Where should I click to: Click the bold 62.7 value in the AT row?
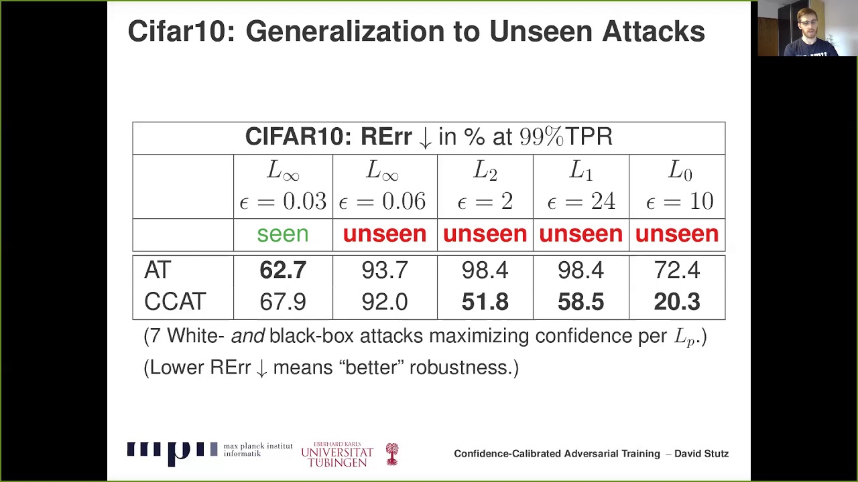click(x=283, y=270)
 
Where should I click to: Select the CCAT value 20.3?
click(x=676, y=302)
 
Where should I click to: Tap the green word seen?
click(x=283, y=234)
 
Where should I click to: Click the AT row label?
click(x=158, y=270)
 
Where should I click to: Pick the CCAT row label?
click(x=174, y=302)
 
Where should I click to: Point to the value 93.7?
click(x=384, y=270)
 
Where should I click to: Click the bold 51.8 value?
click(x=485, y=302)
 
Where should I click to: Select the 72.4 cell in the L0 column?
click(x=676, y=270)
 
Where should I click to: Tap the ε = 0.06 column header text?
click(x=382, y=202)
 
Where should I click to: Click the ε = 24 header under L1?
click(x=581, y=202)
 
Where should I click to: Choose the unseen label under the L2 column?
click(x=485, y=234)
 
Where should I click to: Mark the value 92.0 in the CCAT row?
click(x=384, y=302)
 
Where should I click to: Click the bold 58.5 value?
click(x=580, y=302)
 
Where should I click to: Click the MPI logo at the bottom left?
click(x=172, y=453)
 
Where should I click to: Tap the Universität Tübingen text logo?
click(x=336, y=455)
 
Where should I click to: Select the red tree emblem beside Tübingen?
click(x=392, y=454)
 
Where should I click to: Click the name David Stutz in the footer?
click(x=701, y=454)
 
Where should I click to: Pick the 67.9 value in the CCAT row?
click(x=283, y=302)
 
